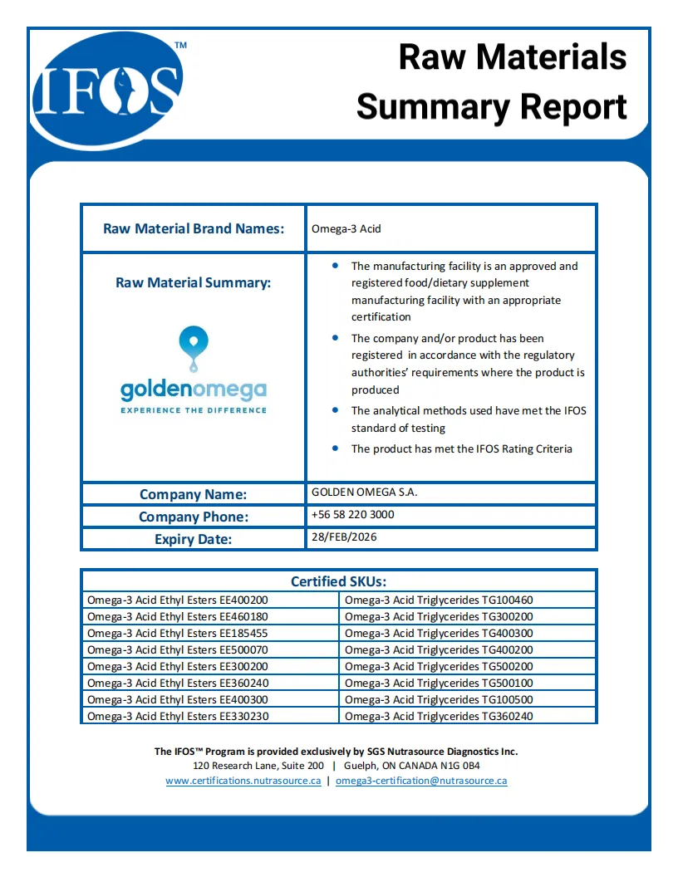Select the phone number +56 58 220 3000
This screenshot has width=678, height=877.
click(x=352, y=515)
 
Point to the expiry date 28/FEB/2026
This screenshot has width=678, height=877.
click(x=344, y=537)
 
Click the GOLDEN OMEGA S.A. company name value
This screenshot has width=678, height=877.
click(x=364, y=492)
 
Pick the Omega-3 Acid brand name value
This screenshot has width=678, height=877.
click(x=346, y=228)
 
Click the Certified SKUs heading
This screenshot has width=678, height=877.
click(x=338, y=581)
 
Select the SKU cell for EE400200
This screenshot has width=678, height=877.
click(x=178, y=600)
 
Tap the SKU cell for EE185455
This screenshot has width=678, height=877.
click(x=178, y=633)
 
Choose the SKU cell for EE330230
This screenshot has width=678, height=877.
click(x=178, y=716)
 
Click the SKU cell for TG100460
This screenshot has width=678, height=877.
click(x=439, y=600)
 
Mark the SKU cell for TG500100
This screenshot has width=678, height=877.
click(x=439, y=683)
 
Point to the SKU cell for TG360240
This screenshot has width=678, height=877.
click(x=439, y=716)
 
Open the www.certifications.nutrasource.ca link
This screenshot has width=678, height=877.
click(x=243, y=781)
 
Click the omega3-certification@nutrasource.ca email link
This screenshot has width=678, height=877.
click(x=421, y=781)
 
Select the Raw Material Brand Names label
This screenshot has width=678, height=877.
click(x=194, y=228)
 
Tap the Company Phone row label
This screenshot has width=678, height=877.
click(x=194, y=517)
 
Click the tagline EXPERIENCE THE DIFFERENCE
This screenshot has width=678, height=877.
click(x=194, y=410)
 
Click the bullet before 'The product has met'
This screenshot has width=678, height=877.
click(x=335, y=448)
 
